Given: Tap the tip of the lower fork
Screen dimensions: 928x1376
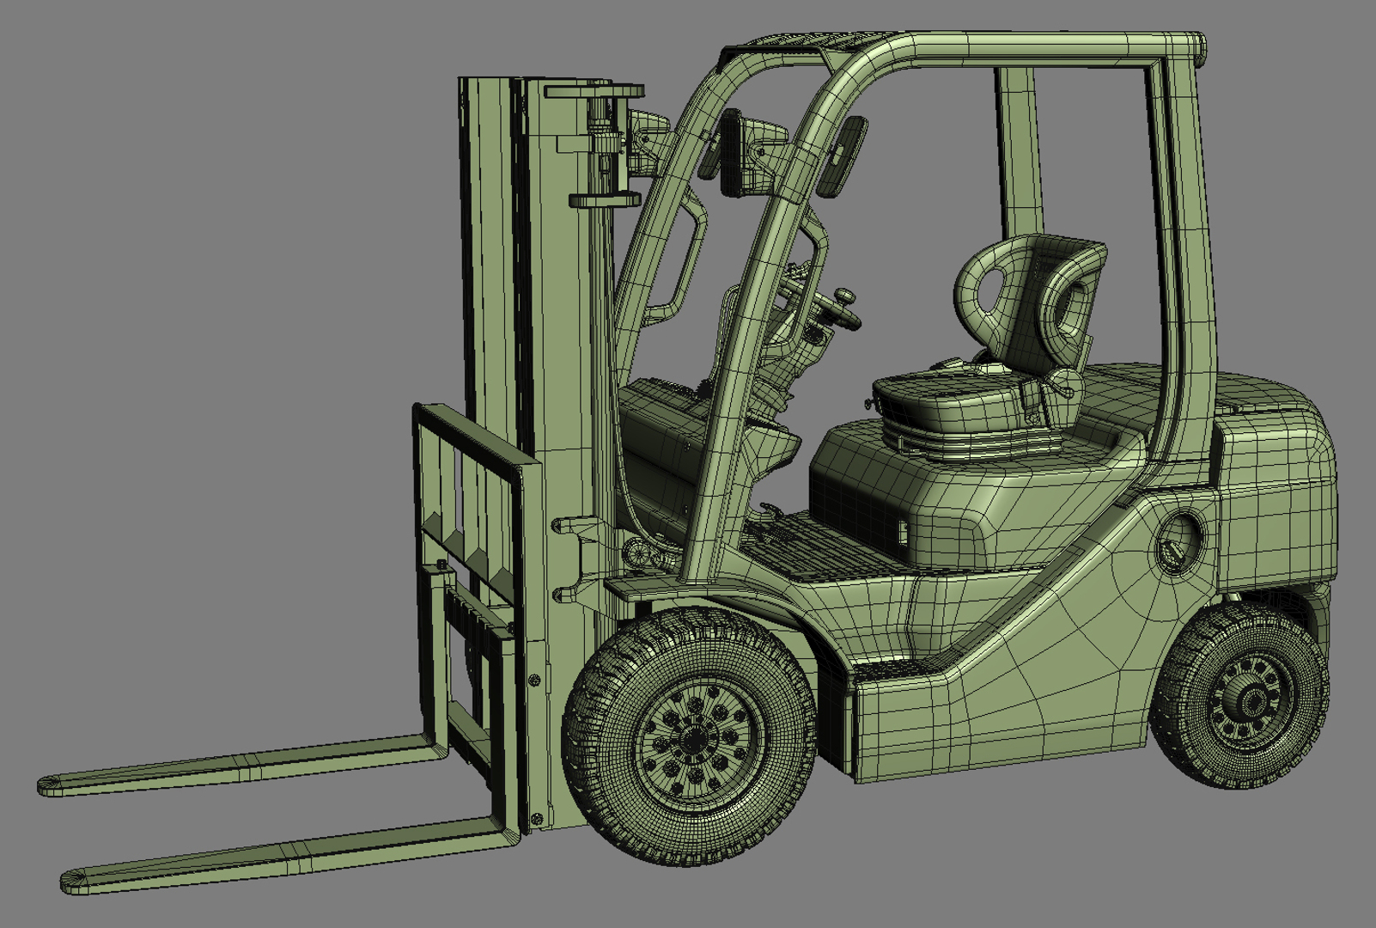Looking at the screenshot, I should pos(69,882).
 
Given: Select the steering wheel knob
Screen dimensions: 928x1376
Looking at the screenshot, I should pos(846,296).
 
